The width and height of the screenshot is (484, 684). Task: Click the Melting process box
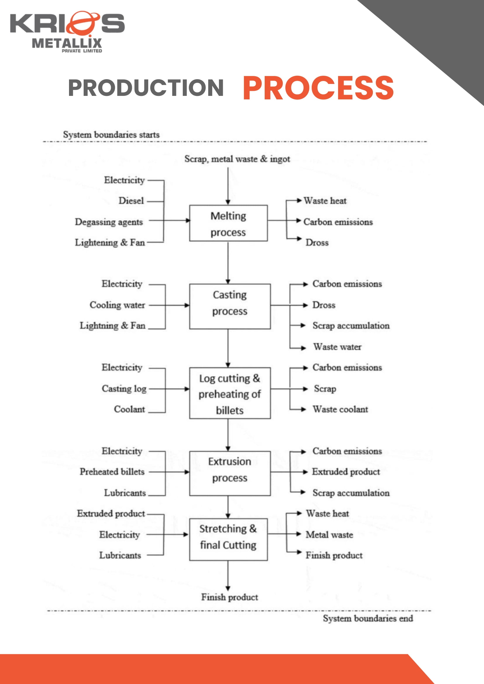pyautogui.click(x=228, y=223)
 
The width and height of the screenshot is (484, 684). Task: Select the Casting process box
pyautogui.click(x=230, y=306)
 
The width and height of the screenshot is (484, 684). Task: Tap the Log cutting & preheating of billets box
pyautogui.click(x=230, y=393)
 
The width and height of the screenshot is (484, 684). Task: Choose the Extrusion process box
pyautogui.click(x=230, y=473)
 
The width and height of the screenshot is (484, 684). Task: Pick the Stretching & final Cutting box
pyautogui.click(x=228, y=540)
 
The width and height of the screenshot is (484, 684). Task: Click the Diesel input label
pyautogui.click(x=131, y=201)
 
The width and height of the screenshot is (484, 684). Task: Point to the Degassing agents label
pyautogui.click(x=109, y=222)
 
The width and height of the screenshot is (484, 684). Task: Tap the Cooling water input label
pyautogui.click(x=118, y=305)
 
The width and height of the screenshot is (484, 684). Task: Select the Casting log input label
pyautogui.click(x=124, y=388)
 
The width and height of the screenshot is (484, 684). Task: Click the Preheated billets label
pyautogui.click(x=112, y=472)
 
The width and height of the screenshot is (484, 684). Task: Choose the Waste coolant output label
pyautogui.click(x=340, y=409)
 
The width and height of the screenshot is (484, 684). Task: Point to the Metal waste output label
pyautogui.click(x=329, y=535)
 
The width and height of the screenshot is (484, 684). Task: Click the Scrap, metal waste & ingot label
pyautogui.click(x=237, y=159)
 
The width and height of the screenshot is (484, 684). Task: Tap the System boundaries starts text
pyautogui.click(x=111, y=135)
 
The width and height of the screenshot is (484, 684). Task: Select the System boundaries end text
pyautogui.click(x=368, y=619)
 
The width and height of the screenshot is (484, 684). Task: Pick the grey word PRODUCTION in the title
pyautogui.click(x=146, y=88)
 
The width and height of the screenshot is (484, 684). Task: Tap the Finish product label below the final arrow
pyautogui.click(x=230, y=597)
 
